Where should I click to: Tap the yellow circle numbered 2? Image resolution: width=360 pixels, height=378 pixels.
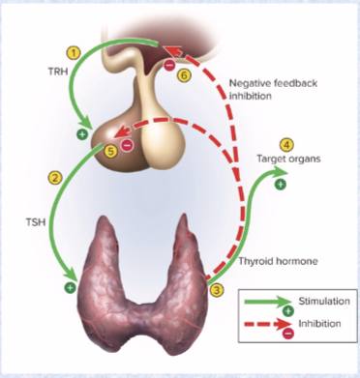pos(55,177)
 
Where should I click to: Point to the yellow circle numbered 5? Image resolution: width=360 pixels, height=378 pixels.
pos(111,151)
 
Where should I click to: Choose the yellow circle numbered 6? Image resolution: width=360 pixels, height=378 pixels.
pos(185,73)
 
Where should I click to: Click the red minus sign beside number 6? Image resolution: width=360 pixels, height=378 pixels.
pos(169,65)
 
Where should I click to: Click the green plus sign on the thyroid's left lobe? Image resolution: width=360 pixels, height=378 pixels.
pos(70,286)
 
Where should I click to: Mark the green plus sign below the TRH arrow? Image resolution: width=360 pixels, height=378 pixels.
pos(81,133)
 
